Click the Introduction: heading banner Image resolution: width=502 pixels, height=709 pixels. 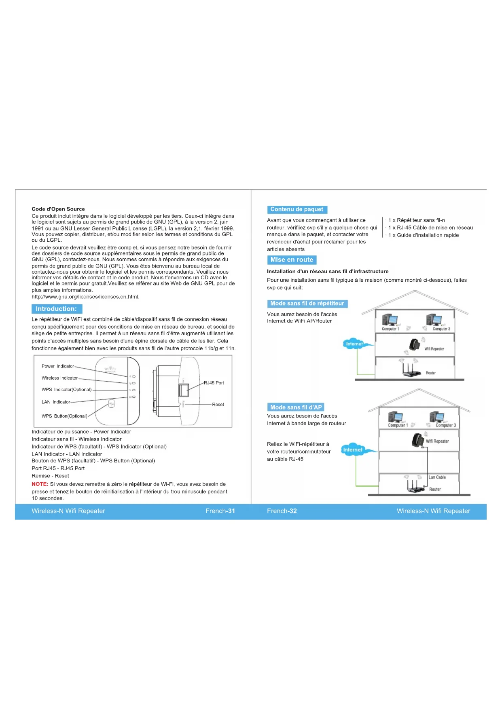pos(57,309)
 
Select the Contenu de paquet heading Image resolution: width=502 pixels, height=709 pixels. pos(297,209)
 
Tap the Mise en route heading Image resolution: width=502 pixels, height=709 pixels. pos(292,260)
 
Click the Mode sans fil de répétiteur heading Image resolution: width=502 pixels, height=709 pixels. pos(307,304)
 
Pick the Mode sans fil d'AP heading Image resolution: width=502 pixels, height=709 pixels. pos(296,407)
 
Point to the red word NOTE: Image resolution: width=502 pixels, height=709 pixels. pos(40,484)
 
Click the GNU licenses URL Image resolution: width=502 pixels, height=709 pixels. pos(85,297)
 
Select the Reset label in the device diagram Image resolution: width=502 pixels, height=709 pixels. pos(218,405)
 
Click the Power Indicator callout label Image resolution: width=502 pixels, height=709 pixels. pos(58,366)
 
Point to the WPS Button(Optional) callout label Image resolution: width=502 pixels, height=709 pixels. pos(64,416)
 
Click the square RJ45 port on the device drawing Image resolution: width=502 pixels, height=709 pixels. pos(184,390)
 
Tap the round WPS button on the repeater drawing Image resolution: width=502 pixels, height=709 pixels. pos(112,403)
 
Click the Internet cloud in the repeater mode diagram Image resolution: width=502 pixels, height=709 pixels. pos(354,344)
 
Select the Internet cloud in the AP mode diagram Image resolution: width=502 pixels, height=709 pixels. pos(353,449)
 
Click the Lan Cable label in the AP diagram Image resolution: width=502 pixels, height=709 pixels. pos(437,477)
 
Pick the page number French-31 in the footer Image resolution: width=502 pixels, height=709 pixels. pos(220,511)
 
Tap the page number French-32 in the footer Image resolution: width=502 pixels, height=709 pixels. pos(282,511)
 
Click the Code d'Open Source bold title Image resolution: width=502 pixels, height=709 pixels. pos(58,209)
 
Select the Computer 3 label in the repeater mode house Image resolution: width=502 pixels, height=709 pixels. pos(441,329)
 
